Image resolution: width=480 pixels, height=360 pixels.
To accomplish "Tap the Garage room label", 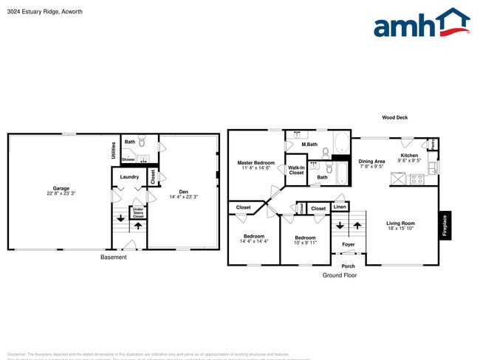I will pyautogui.click(x=61, y=188).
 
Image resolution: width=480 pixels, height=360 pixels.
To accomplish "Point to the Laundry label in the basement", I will pyautogui.click(x=129, y=177).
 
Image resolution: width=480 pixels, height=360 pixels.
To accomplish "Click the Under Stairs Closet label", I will pyautogui.click(x=138, y=212).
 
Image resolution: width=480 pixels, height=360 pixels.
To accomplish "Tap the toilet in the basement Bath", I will pyautogui.click(x=144, y=140).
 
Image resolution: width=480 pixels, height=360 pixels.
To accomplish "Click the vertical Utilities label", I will pyautogui.click(x=113, y=150).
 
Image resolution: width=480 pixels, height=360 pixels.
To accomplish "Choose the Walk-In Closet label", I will pyautogui.click(x=296, y=170).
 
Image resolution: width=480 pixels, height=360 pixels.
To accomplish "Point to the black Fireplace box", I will pyautogui.click(x=445, y=224).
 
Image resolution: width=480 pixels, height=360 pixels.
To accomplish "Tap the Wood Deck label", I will pyautogui.click(x=394, y=117).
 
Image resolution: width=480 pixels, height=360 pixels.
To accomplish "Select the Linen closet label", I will pyautogui.click(x=340, y=207).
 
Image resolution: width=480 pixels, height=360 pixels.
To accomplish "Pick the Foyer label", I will pyautogui.click(x=348, y=244).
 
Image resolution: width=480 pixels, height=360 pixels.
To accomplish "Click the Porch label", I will pyautogui.click(x=348, y=266).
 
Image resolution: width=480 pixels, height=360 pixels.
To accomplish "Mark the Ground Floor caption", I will pyautogui.click(x=339, y=275).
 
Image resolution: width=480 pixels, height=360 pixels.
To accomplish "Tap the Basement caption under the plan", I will pyautogui.click(x=113, y=257).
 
